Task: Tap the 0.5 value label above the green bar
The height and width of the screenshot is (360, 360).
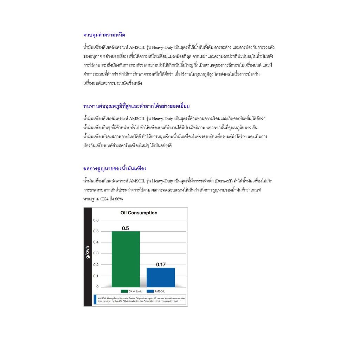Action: [126, 228]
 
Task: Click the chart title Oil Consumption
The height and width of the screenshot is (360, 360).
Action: [139, 213]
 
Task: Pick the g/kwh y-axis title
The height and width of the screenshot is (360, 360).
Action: [88, 252]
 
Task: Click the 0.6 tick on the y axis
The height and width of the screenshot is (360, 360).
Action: [96, 220]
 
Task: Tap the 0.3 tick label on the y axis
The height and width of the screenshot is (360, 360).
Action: [96, 253]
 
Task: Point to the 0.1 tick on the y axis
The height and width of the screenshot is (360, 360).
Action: [96, 276]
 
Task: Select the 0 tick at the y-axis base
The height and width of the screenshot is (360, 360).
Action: [97, 287]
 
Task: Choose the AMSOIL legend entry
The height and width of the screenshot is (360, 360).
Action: [157, 291]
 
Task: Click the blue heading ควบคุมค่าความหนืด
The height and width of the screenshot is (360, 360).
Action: [104, 35]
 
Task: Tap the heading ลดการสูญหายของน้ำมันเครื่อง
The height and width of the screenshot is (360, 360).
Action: [115, 168]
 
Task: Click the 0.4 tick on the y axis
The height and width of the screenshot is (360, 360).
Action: [96, 242]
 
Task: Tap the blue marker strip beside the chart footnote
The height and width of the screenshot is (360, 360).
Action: [95, 300]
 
